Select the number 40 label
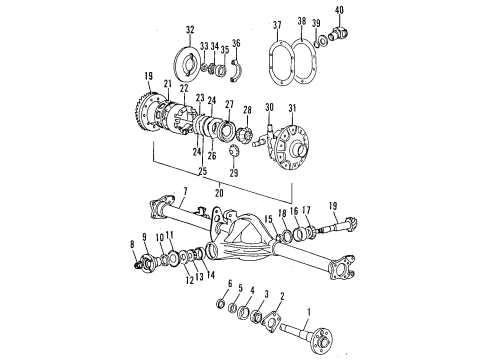[x=338, y=11]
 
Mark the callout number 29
[x=232, y=173]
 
